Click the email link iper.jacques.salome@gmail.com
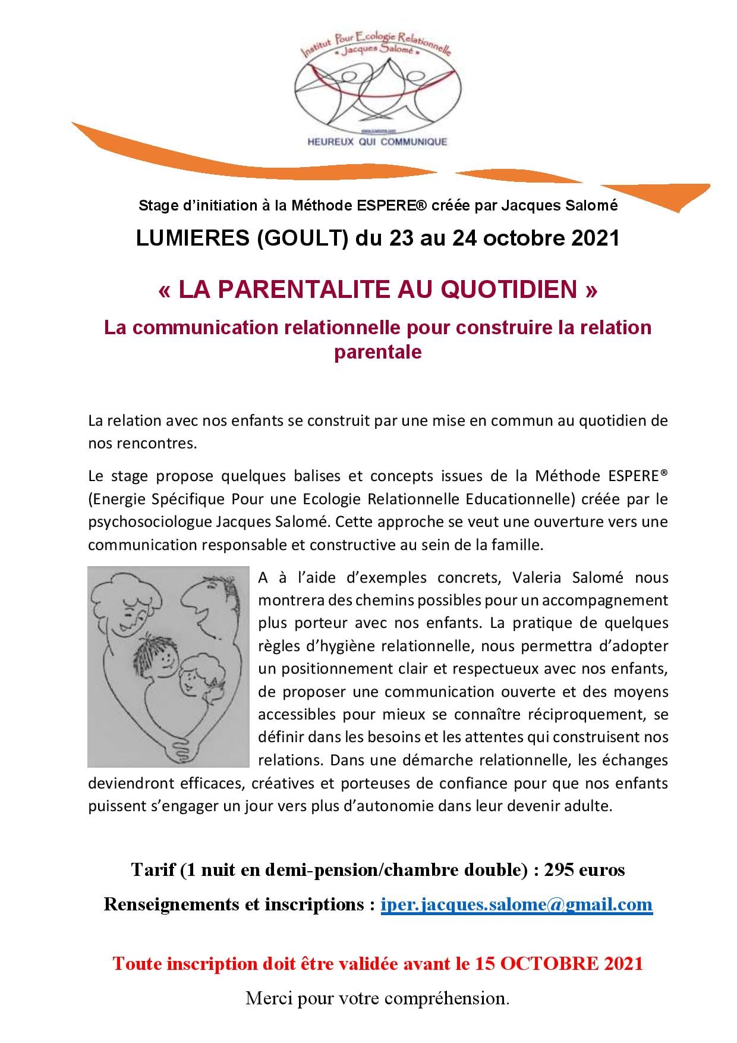click(x=516, y=904)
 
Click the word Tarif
click(x=152, y=870)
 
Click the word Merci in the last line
click(x=267, y=998)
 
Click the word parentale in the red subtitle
click(x=377, y=352)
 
